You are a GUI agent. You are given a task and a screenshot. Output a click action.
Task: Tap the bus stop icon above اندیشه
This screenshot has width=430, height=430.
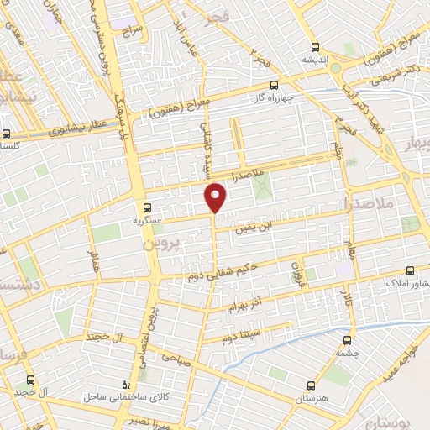[x=315, y=47]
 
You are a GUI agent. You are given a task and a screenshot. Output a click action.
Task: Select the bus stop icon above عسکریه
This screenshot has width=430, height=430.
[x=148, y=207]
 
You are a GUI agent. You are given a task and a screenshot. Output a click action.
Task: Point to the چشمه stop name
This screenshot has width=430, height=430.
[x=347, y=354]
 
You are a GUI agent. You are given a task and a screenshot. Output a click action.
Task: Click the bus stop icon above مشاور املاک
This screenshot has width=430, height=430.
[x=411, y=270]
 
